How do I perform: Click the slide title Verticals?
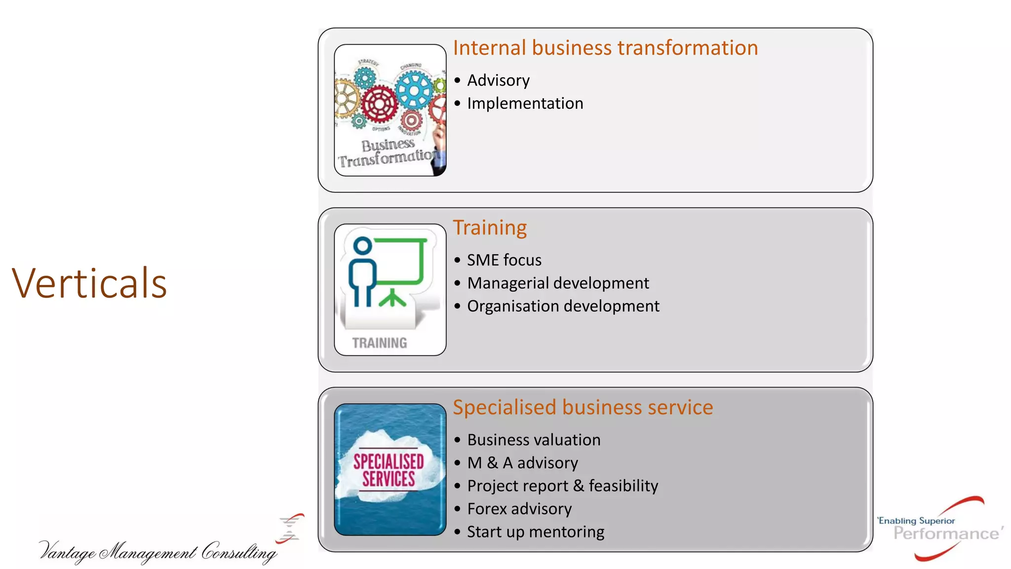(89, 284)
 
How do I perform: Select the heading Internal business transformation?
(605, 48)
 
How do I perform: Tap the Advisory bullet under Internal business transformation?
(498, 81)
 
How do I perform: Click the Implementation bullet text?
(525, 104)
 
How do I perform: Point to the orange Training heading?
(490, 228)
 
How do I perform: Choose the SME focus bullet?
(504, 260)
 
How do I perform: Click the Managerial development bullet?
(558, 284)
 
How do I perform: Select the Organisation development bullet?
(563, 306)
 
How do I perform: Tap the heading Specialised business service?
(583, 408)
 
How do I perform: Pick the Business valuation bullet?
(534, 440)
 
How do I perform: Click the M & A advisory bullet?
(522, 463)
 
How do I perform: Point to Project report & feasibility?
(562, 486)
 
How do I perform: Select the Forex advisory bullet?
(519, 509)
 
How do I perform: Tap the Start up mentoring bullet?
(536, 532)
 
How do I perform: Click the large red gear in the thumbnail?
(379, 104)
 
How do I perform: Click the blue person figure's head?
(363, 246)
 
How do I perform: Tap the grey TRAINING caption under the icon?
(380, 343)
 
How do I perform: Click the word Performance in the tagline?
(946, 534)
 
